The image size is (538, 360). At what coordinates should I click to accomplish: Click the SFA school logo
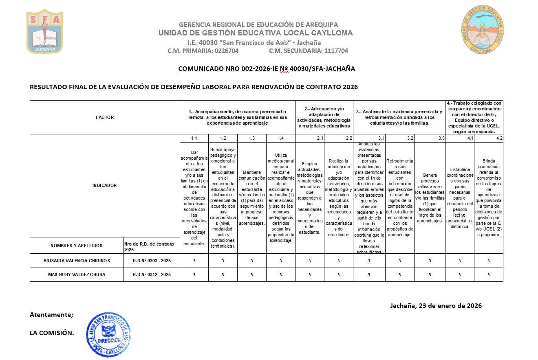45,32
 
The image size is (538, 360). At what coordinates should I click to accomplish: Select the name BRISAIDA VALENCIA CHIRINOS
77,261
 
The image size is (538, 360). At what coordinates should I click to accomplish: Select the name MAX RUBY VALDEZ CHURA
77,274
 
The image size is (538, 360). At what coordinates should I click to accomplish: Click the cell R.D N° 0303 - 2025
152,261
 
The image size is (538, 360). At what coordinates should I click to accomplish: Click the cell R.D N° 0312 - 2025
152,274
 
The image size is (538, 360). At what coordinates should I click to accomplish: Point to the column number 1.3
251,138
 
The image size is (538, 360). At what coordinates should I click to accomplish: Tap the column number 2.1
320,138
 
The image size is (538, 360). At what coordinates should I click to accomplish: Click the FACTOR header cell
105,117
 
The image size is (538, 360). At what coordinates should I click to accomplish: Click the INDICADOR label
105,185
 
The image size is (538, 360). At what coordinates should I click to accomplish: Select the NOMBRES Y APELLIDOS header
77,246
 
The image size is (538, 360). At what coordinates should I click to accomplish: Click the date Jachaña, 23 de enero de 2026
436,306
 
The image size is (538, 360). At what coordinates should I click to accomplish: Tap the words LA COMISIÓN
52,333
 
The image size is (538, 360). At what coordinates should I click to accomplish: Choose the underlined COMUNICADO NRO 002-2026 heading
267,69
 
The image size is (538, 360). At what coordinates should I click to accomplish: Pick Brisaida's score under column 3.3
430,261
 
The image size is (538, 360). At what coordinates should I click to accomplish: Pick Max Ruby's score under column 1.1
194,274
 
